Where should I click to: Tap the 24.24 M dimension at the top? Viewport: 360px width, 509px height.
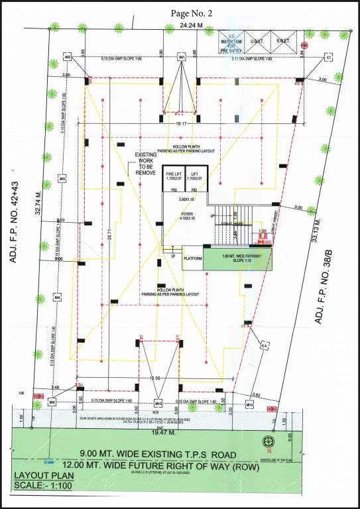click(x=175, y=25)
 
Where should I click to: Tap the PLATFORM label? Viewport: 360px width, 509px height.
click(x=192, y=260)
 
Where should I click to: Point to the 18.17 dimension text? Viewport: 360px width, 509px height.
click(x=175, y=123)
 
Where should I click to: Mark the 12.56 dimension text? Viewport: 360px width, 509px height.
click(x=155, y=378)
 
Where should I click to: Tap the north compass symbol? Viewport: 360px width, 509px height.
click(x=269, y=441)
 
